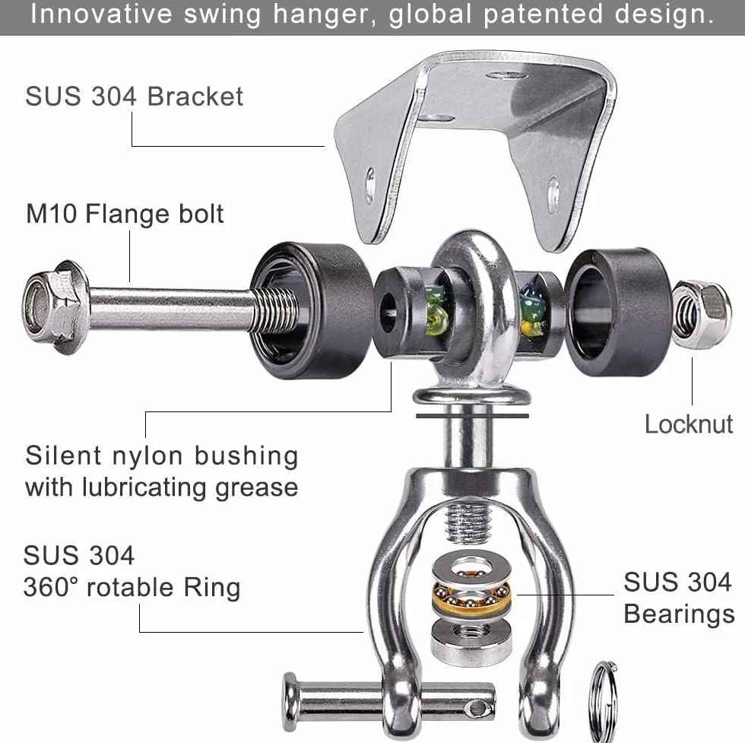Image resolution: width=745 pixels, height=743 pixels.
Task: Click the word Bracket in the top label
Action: (x=195, y=97)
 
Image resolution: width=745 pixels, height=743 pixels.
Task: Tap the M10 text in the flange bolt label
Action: (x=52, y=214)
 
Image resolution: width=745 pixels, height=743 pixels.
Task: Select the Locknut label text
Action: (x=689, y=424)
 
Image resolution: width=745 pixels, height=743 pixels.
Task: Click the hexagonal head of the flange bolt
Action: (x=55, y=307)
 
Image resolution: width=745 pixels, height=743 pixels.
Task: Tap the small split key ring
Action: (x=604, y=700)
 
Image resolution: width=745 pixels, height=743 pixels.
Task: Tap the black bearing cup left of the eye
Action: (x=311, y=310)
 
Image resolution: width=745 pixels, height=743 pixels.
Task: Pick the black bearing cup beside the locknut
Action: (x=617, y=311)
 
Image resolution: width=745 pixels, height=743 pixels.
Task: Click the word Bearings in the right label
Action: (x=679, y=614)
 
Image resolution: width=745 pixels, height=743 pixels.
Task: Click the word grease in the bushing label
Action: (x=257, y=487)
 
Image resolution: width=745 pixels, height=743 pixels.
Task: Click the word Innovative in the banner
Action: (x=101, y=14)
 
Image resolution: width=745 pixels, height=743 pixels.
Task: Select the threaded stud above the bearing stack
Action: (x=468, y=523)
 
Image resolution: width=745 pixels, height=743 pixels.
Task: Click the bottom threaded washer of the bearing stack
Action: (x=471, y=641)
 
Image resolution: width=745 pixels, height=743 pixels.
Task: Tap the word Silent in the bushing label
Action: (x=63, y=456)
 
